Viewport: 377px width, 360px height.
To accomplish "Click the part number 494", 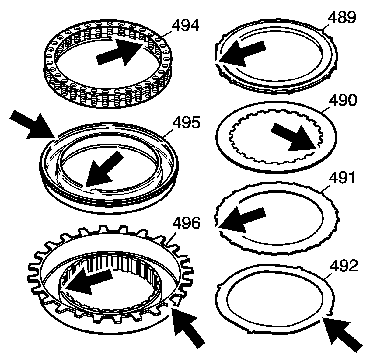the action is (x=185, y=25).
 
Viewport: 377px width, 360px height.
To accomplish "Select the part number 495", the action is (x=186, y=123).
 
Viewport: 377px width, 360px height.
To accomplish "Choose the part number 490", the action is (x=343, y=100).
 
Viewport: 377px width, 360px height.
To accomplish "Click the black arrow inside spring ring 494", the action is (x=120, y=52).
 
